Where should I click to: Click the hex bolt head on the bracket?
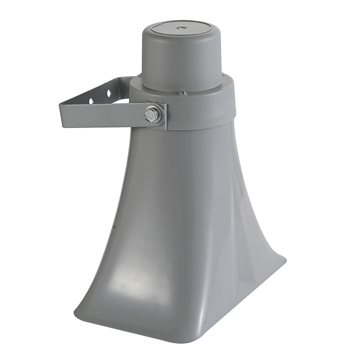[153, 114]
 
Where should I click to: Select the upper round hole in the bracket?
[109, 91]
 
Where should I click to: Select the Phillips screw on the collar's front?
[182, 93]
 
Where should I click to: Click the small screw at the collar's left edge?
[140, 75]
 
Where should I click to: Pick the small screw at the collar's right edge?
[223, 74]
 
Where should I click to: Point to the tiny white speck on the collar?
[210, 119]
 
